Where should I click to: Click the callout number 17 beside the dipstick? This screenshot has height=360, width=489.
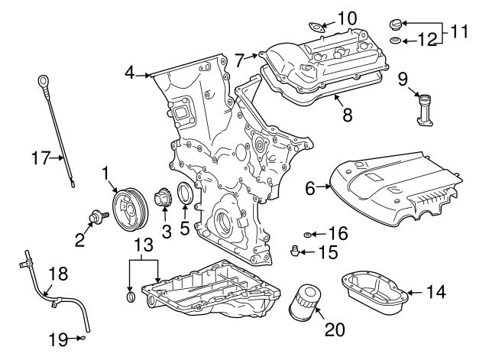click(40, 159)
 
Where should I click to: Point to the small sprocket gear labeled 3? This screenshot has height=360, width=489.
click(162, 200)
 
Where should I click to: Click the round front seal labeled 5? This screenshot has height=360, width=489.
click(186, 194)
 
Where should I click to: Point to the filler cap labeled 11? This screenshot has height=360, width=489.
click(395, 22)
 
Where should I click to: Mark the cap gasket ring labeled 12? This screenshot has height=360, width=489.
click(394, 40)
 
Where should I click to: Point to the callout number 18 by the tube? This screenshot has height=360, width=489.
click(58, 274)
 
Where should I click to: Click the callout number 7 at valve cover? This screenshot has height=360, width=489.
click(240, 57)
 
